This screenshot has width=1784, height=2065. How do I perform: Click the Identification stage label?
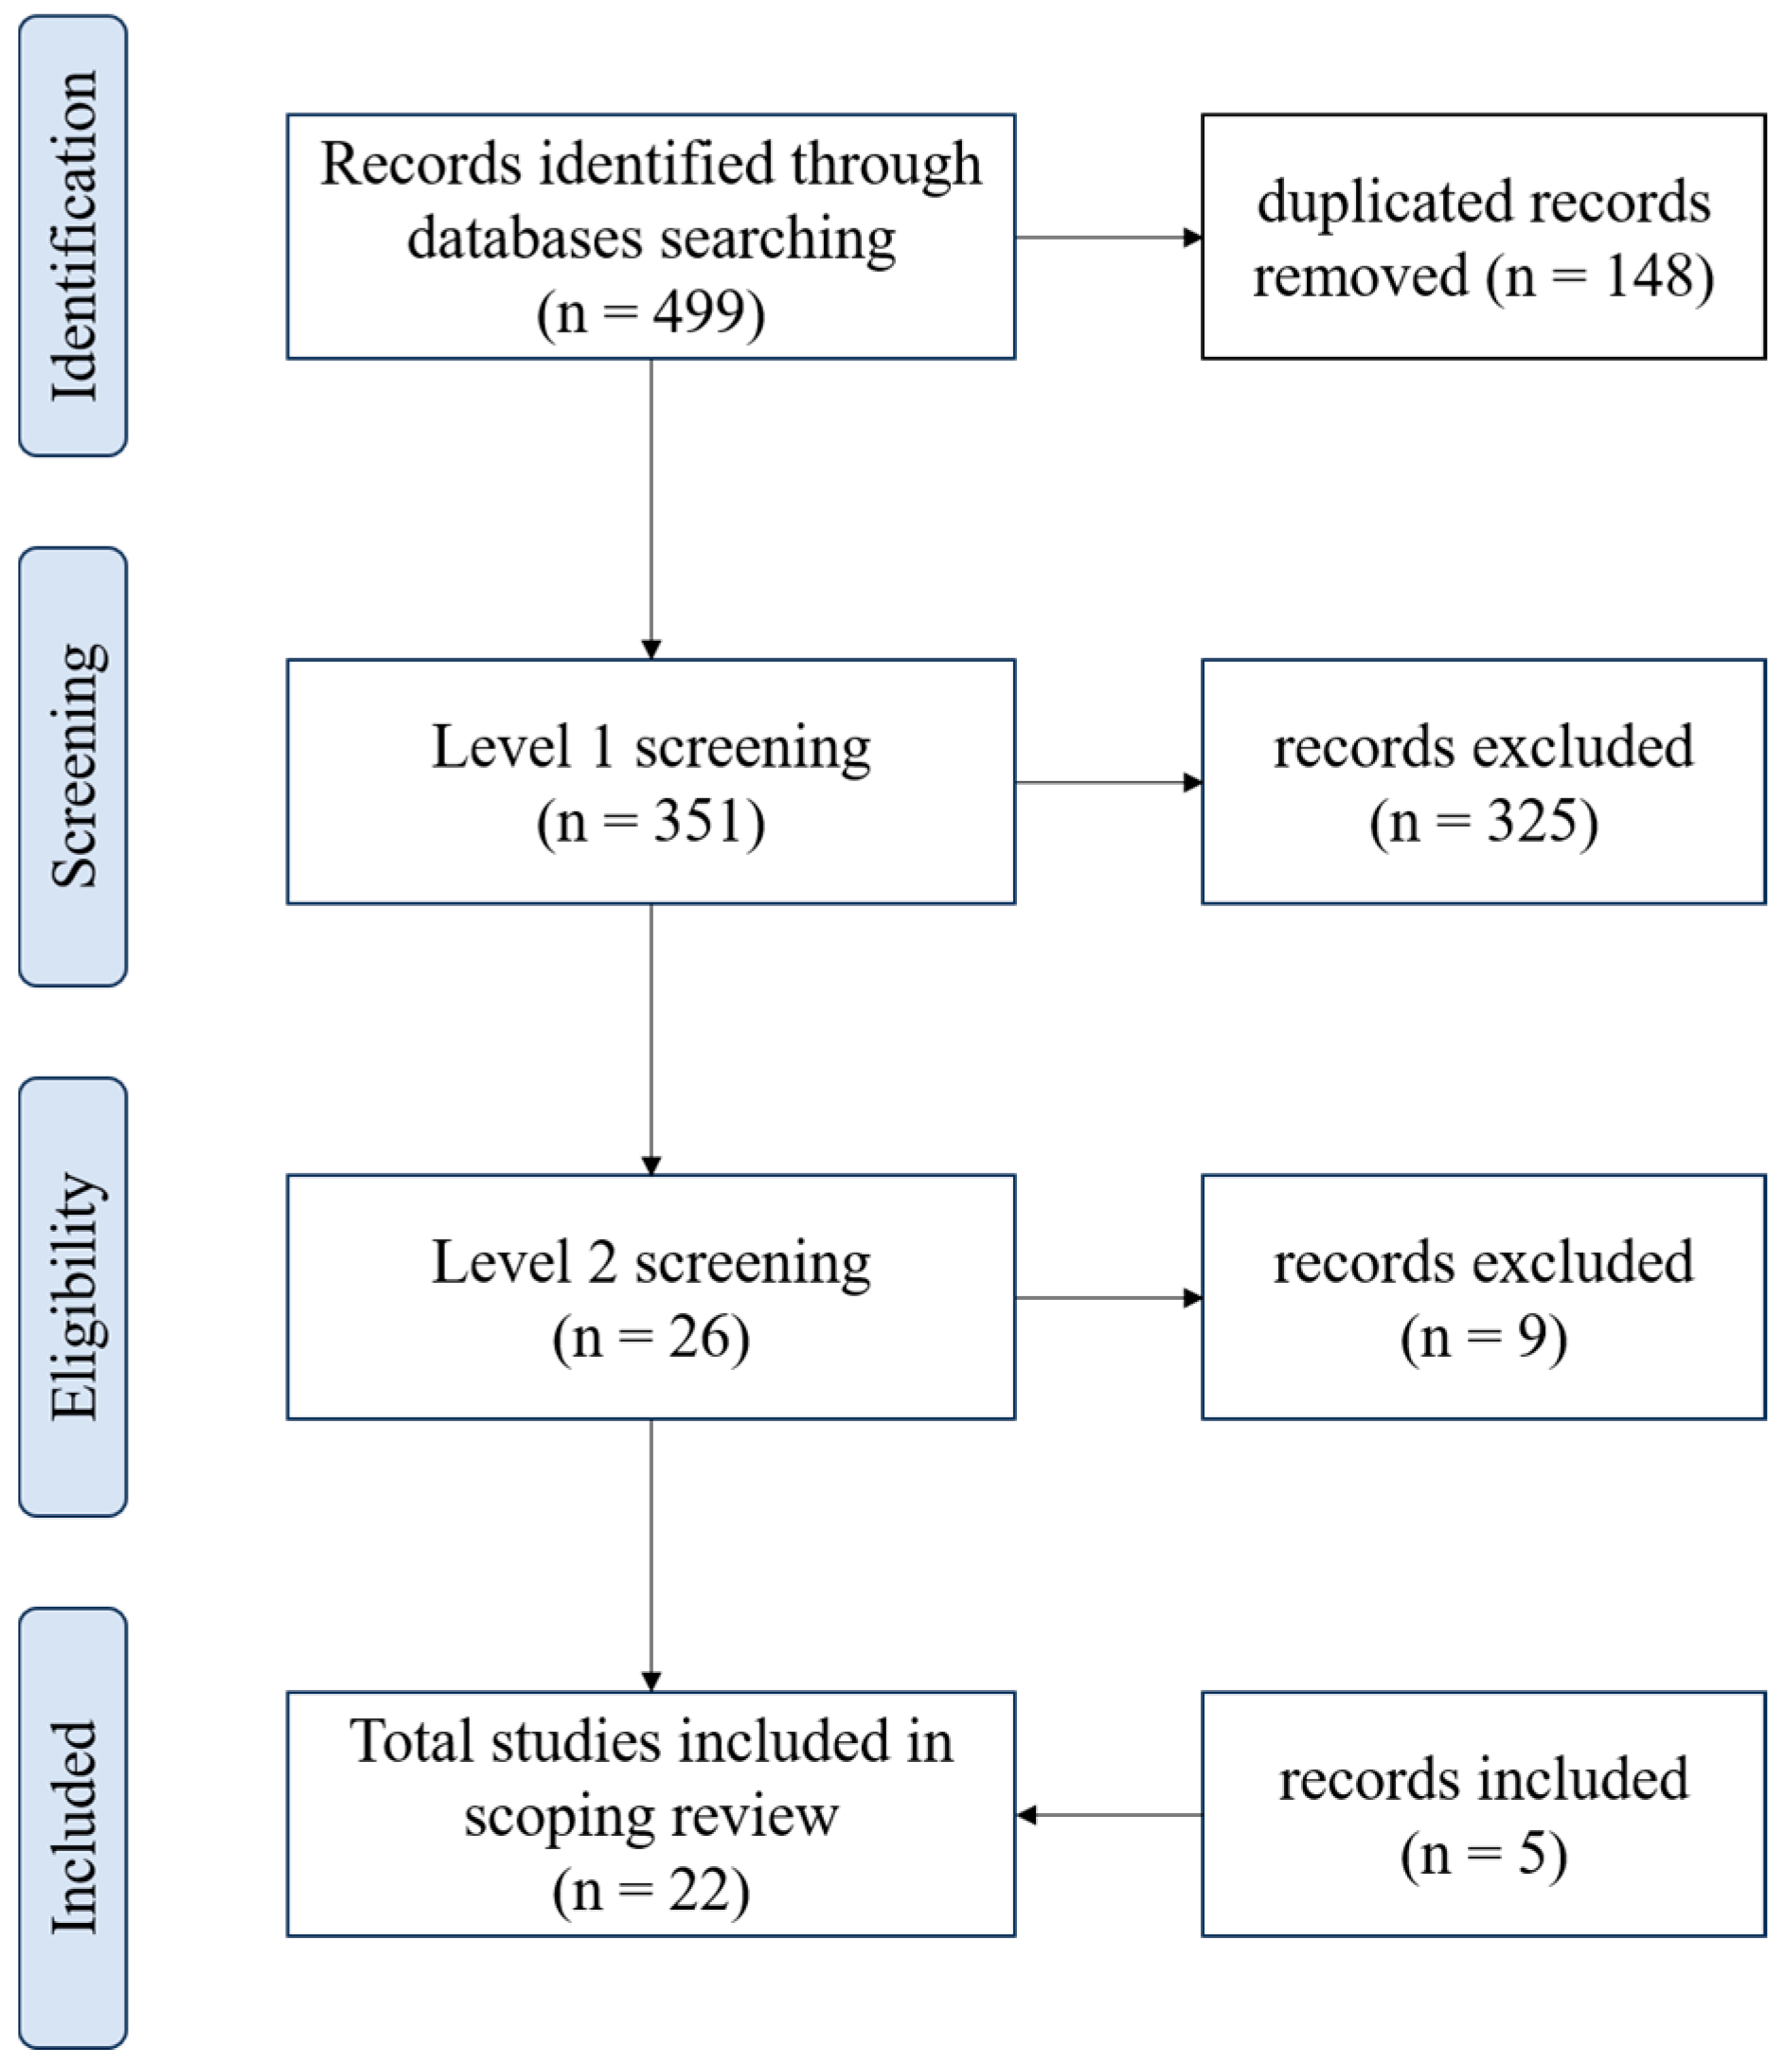tap(73, 235)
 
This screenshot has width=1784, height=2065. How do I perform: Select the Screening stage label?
tap(73, 765)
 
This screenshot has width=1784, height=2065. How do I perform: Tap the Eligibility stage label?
tap(73, 1295)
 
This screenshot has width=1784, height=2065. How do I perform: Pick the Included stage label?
tap(73, 1826)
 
